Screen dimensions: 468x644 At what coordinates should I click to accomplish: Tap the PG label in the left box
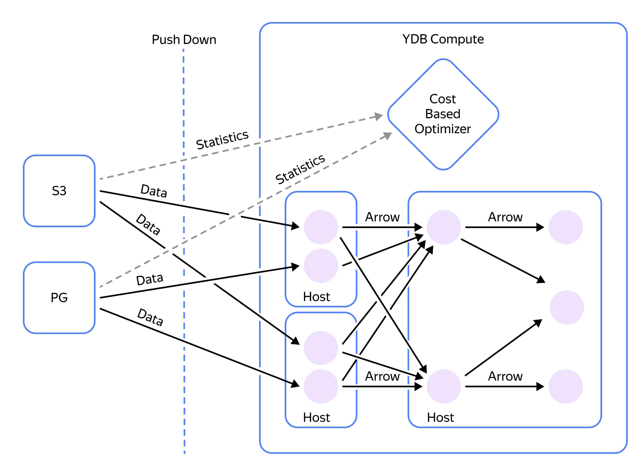click(x=59, y=298)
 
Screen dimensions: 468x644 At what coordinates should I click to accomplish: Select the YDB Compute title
click(x=443, y=39)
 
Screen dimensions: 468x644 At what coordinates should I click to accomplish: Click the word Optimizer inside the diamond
click(x=442, y=129)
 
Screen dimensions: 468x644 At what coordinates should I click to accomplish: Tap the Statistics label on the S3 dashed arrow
click(x=222, y=140)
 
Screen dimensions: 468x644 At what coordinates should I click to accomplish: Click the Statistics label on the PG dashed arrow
click(x=300, y=169)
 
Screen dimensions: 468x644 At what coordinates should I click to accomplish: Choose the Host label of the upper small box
click(x=316, y=297)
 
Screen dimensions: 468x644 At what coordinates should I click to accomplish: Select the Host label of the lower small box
click(x=316, y=417)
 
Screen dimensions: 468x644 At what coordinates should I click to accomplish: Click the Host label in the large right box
click(x=440, y=417)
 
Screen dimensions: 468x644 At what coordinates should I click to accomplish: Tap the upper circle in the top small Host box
click(x=321, y=227)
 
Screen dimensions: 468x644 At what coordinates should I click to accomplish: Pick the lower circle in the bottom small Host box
click(x=321, y=387)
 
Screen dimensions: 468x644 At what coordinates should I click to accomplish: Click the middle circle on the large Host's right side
click(x=566, y=307)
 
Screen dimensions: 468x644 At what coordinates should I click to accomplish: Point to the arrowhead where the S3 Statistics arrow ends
click(x=379, y=116)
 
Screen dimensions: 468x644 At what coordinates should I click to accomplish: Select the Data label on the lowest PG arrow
click(x=150, y=317)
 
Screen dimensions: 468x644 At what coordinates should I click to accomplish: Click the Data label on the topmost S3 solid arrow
click(x=154, y=191)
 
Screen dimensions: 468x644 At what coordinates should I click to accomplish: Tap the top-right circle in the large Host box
click(x=566, y=227)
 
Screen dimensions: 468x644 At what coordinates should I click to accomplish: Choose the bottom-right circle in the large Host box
click(x=566, y=387)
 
